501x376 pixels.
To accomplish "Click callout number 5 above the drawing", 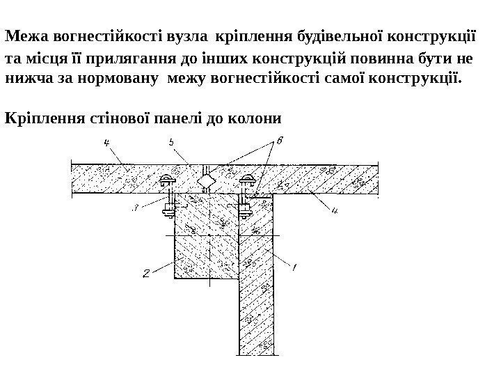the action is [171, 143].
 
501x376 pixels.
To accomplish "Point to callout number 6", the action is [279, 141].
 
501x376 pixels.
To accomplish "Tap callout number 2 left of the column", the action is [145, 274].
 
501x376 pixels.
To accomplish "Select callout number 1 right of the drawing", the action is [293, 267].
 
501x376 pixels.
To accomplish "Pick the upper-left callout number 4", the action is [106, 143].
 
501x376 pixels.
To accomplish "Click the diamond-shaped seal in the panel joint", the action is [207, 182].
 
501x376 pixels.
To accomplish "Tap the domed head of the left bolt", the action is [168, 178].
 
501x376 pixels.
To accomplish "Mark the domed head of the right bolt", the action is [247, 178].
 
